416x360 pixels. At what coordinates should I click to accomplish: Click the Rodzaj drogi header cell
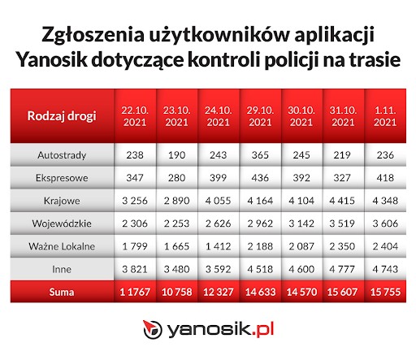coord(62,115)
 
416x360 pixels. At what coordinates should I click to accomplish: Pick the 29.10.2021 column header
coord(260,115)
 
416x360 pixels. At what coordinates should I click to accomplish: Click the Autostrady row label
coord(62,154)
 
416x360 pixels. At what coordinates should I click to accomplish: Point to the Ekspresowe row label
coord(62,176)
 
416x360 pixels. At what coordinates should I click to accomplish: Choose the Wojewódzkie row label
coord(62,220)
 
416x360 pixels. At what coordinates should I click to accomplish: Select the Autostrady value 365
coord(260,154)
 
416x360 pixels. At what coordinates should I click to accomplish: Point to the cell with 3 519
coord(344,220)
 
